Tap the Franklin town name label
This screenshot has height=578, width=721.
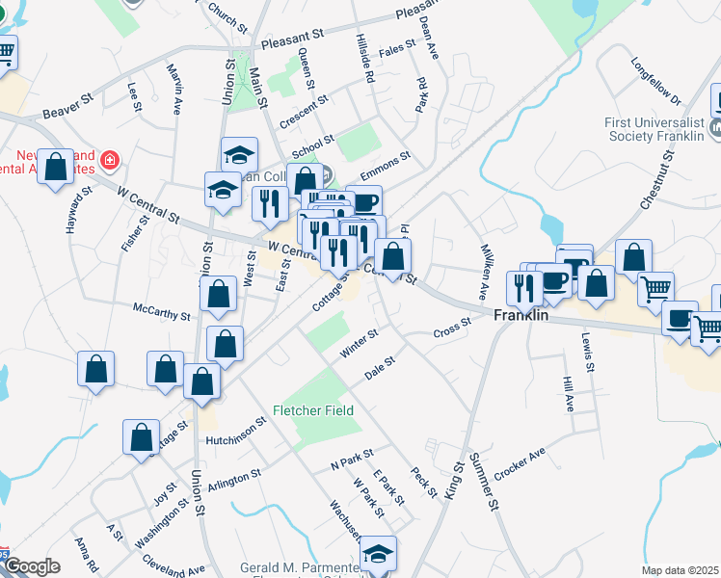tap(521, 315)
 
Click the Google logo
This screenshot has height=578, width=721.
tap(32, 566)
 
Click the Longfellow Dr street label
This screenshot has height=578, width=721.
tap(656, 85)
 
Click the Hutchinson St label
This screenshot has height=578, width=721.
tap(235, 433)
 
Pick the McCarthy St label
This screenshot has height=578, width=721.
tap(161, 314)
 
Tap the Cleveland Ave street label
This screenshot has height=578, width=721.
tap(174, 564)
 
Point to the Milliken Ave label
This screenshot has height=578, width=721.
tap(487, 263)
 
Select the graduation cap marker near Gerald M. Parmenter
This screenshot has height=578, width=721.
tap(378, 554)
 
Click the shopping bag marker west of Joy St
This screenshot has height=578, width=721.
tap(142, 437)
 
